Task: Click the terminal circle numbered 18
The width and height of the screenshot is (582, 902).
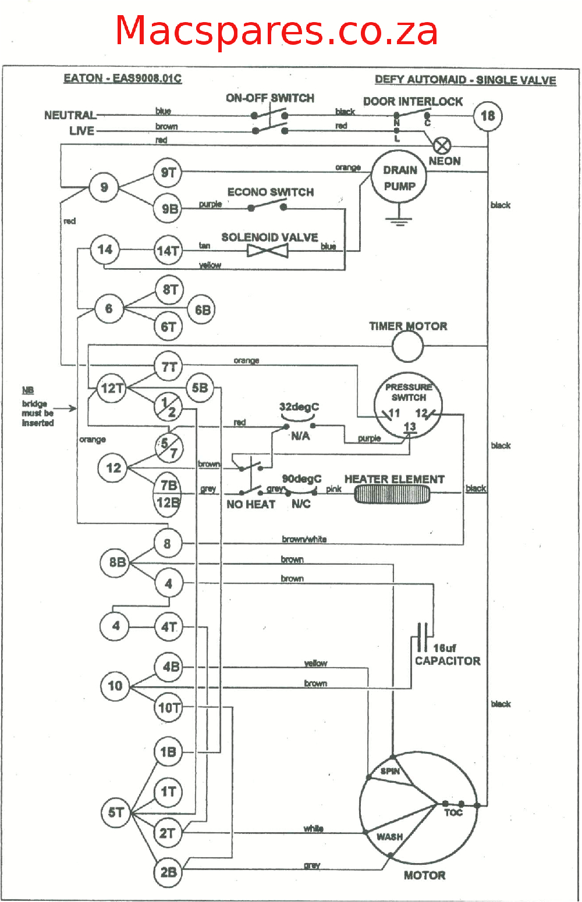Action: coord(487,116)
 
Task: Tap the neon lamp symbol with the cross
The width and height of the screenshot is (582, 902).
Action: coord(442,145)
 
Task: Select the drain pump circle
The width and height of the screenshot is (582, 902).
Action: coord(399,177)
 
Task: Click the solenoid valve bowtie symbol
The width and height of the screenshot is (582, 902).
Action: coord(268,251)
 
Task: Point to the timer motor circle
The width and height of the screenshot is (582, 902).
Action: coord(407,347)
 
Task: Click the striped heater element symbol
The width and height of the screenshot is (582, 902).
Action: coord(392,495)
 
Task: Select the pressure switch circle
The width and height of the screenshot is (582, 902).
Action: coord(408,405)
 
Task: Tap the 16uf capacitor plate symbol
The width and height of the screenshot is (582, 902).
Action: coord(423,637)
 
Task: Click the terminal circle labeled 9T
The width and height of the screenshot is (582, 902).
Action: coord(168,173)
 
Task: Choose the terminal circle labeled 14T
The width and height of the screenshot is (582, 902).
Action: coord(168,251)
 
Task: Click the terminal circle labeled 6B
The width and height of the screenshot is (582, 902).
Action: coord(202,310)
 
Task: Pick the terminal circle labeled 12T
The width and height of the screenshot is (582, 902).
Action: coord(112,388)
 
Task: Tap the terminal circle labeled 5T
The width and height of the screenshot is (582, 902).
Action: coord(116,812)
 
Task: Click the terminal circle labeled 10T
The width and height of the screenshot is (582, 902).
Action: coord(168,707)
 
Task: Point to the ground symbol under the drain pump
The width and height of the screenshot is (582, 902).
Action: coord(399,220)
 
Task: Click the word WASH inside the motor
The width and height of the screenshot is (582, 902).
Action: coord(389,836)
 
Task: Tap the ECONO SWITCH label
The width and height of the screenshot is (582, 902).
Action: coord(270,192)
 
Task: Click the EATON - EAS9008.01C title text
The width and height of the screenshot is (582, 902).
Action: coord(122,79)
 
